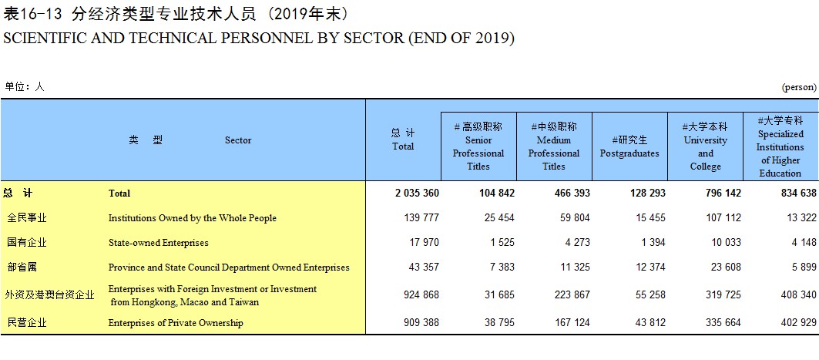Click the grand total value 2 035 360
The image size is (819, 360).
[417, 193]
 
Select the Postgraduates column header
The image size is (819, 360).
[629, 146]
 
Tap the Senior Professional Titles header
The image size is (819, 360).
[478, 146]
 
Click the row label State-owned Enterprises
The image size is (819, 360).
[158, 243]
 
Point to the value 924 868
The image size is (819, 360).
[421, 294]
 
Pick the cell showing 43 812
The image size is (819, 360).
[650, 323]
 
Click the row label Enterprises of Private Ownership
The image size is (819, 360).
[176, 323]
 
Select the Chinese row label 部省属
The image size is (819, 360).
[22, 267]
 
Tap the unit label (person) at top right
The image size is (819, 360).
[799, 87]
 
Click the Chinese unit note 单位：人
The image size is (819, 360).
[25, 87]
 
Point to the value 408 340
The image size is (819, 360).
[799, 294]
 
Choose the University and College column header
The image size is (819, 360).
[705, 146]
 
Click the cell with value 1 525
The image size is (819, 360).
[499, 242]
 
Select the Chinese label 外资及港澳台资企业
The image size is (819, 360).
[49, 295]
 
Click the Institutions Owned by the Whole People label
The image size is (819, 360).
[192, 218]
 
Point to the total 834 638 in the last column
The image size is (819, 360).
[799, 193]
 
